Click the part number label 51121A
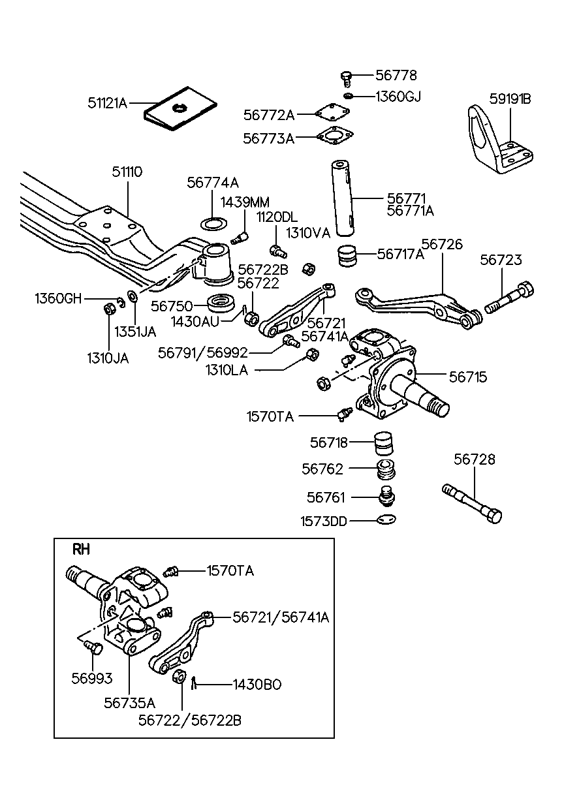(x=108, y=102)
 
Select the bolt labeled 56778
(x=347, y=78)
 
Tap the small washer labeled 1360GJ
(x=349, y=97)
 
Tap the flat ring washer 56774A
(x=211, y=225)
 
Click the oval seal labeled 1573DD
(x=386, y=520)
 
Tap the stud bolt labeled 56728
(x=471, y=502)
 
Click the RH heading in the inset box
(x=80, y=550)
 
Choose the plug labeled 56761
(x=388, y=497)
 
